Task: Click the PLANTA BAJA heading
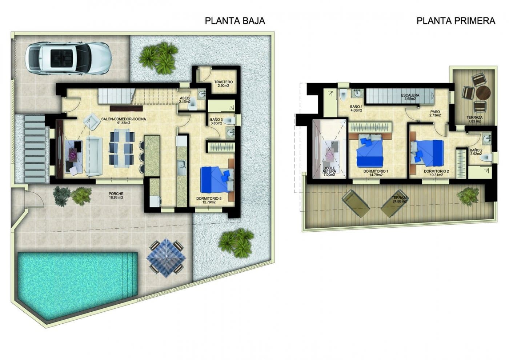pos(235,21)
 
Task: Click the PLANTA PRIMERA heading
pos(456,21)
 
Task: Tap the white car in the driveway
pos(67,57)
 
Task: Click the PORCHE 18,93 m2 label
pos(116,196)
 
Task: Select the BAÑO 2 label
pos(476,152)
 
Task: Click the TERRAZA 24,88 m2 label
pos(399,200)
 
